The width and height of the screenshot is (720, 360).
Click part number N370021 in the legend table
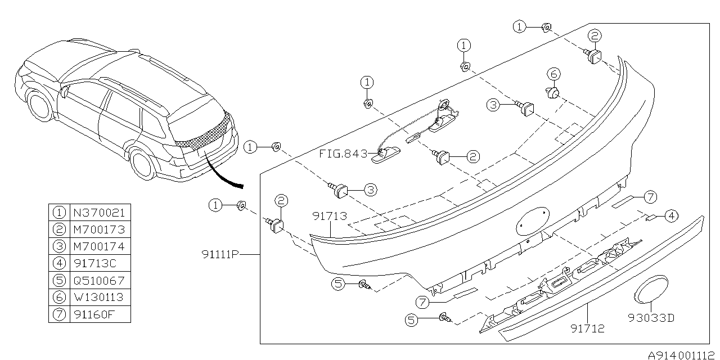tap(99, 213)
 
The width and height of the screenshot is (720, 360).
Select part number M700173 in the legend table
tap(99, 229)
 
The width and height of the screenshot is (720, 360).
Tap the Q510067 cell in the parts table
tap(99, 280)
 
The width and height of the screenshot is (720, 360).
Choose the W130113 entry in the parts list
tap(99, 297)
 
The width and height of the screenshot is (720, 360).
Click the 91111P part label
tap(221, 254)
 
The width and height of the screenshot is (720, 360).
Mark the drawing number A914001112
tap(682, 355)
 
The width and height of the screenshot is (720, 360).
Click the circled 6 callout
tap(553, 74)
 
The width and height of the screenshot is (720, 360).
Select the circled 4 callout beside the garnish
tap(670, 214)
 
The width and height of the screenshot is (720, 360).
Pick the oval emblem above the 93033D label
tap(650, 290)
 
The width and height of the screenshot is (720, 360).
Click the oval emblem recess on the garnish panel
tap(532, 220)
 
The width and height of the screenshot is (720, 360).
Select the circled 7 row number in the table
tap(58, 314)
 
